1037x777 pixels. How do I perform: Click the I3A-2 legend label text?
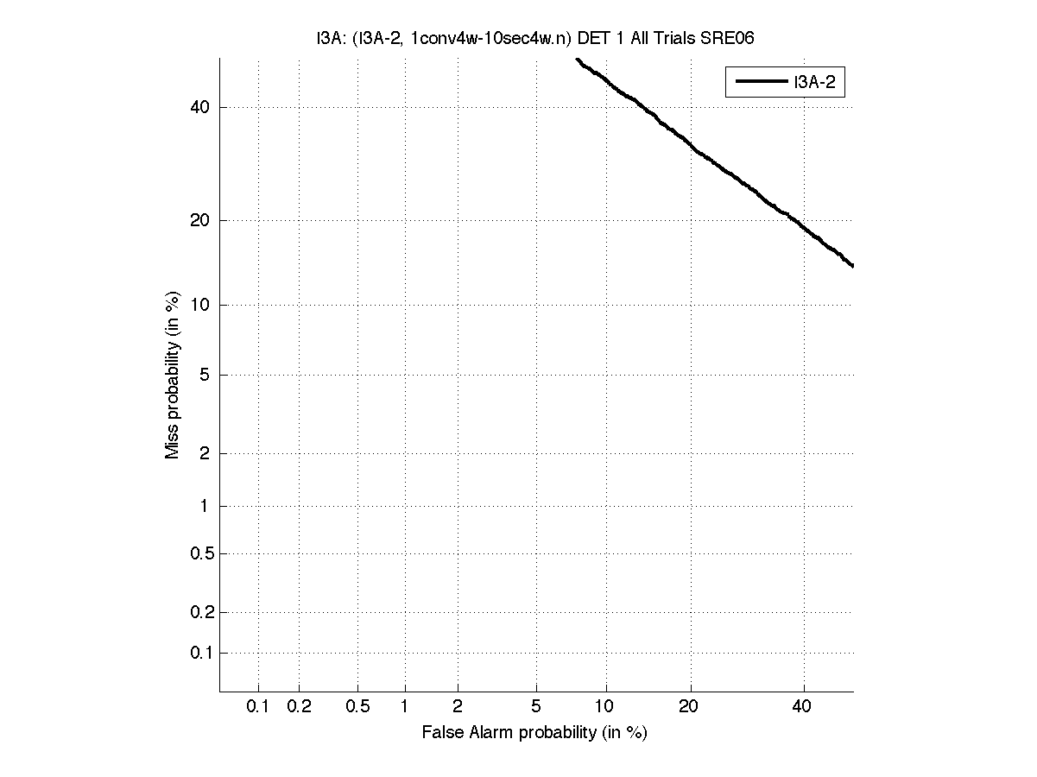[819, 83]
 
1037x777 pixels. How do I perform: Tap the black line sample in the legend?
[761, 83]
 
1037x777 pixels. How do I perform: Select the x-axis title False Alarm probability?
[534, 733]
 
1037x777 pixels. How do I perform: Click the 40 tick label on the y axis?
[199, 107]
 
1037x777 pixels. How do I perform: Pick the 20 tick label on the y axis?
[199, 220]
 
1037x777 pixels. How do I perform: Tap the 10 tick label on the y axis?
[199, 305]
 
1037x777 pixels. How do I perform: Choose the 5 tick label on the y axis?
[204, 375]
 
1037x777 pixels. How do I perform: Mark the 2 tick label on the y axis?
[204, 453]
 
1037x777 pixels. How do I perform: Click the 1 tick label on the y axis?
[204, 506]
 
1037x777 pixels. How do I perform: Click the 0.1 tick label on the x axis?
[258, 707]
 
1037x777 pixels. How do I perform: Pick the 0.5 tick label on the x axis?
[358, 707]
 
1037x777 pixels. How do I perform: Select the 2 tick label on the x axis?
[458, 707]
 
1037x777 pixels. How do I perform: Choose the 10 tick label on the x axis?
[605, 707]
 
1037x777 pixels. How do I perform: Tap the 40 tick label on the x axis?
[802, 707]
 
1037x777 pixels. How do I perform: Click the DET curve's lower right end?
[851, 265]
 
